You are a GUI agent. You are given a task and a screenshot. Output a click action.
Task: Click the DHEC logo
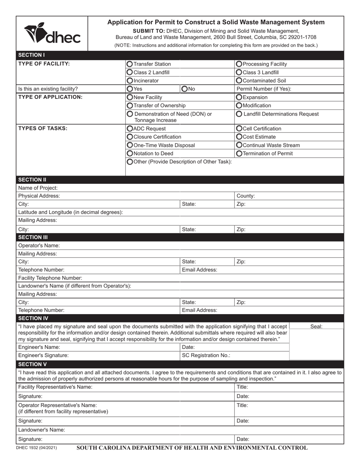pyautogui.click(x=52, y=33)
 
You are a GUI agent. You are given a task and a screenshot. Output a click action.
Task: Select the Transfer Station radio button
pyautogui.click(x=130, y=64)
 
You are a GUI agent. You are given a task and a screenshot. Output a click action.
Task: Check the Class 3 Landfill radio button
pyautogui.click(x=239, y=72)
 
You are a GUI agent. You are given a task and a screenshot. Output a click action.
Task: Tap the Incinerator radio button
pyautogui.click(x=130, y=81)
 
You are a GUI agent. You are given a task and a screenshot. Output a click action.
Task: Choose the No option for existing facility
pyautogui.click(x=185, y=89)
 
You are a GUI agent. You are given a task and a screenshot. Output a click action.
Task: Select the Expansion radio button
pyautogui.click(x=239, y=97)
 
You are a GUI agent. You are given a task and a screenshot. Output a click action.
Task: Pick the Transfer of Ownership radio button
pyautogui.click(x=130, y=105)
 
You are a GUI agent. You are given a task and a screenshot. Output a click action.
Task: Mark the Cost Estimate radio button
pyautogui.click(x=239, y=137)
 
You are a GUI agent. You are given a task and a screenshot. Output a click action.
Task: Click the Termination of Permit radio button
pyautogui.click(x=239, y=153)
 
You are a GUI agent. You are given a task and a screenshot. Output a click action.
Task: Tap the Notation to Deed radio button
pyautogui.click(x=130, y=153)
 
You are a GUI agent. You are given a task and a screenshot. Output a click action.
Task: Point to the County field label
pyautogui.click(x=246, y=196)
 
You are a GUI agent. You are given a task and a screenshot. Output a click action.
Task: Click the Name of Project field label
pyautogui.click(x=38, y=188)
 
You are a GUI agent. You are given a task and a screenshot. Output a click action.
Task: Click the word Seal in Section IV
pyautogui.click(x=316, y=326)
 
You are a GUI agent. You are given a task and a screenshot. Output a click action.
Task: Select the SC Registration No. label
pyautogui.click(x=206, y=355)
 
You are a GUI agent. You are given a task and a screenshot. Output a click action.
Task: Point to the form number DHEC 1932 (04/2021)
pyautogui.click(x=36, y=448)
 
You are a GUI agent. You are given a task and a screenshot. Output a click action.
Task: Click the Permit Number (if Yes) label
pyautogui.click(x=263, y=89)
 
